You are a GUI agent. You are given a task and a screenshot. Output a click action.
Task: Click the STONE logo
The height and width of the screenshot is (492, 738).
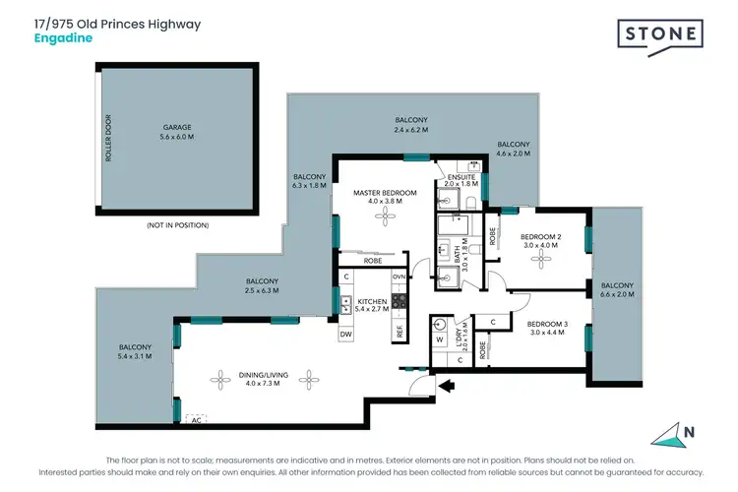tap(660, 35)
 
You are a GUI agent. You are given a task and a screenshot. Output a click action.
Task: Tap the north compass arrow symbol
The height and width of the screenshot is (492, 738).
tap(671, 432)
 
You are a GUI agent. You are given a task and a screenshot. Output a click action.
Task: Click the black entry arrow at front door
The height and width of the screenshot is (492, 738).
tap(446, 387)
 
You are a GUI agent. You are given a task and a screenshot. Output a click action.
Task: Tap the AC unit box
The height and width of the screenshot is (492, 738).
tap(195, 418)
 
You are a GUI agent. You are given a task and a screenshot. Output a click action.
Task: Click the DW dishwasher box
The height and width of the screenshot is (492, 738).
tap(346, 334)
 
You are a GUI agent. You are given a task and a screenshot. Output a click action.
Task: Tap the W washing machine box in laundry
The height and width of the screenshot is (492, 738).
tap(439, 341)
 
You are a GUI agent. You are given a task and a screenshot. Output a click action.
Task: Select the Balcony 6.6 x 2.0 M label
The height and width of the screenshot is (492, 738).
tap(617, 291)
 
